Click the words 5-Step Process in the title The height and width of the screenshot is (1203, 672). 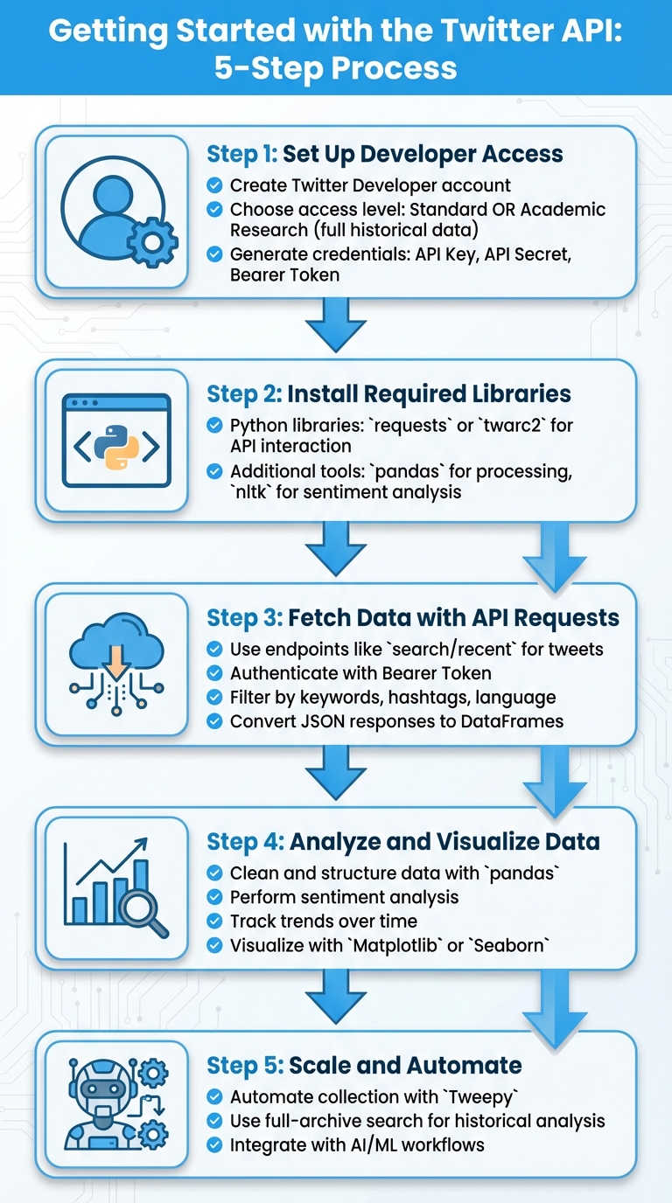(x=336, y=67)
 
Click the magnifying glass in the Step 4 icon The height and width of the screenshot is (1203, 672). (x=143, y=913)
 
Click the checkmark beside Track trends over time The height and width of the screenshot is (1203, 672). (x=213, y=921)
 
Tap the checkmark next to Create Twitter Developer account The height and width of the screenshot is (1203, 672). (x=213, y=185)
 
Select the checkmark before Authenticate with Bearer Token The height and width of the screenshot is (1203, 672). (x=213, y=673)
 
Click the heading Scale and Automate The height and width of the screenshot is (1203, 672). (x=405, y=1065)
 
